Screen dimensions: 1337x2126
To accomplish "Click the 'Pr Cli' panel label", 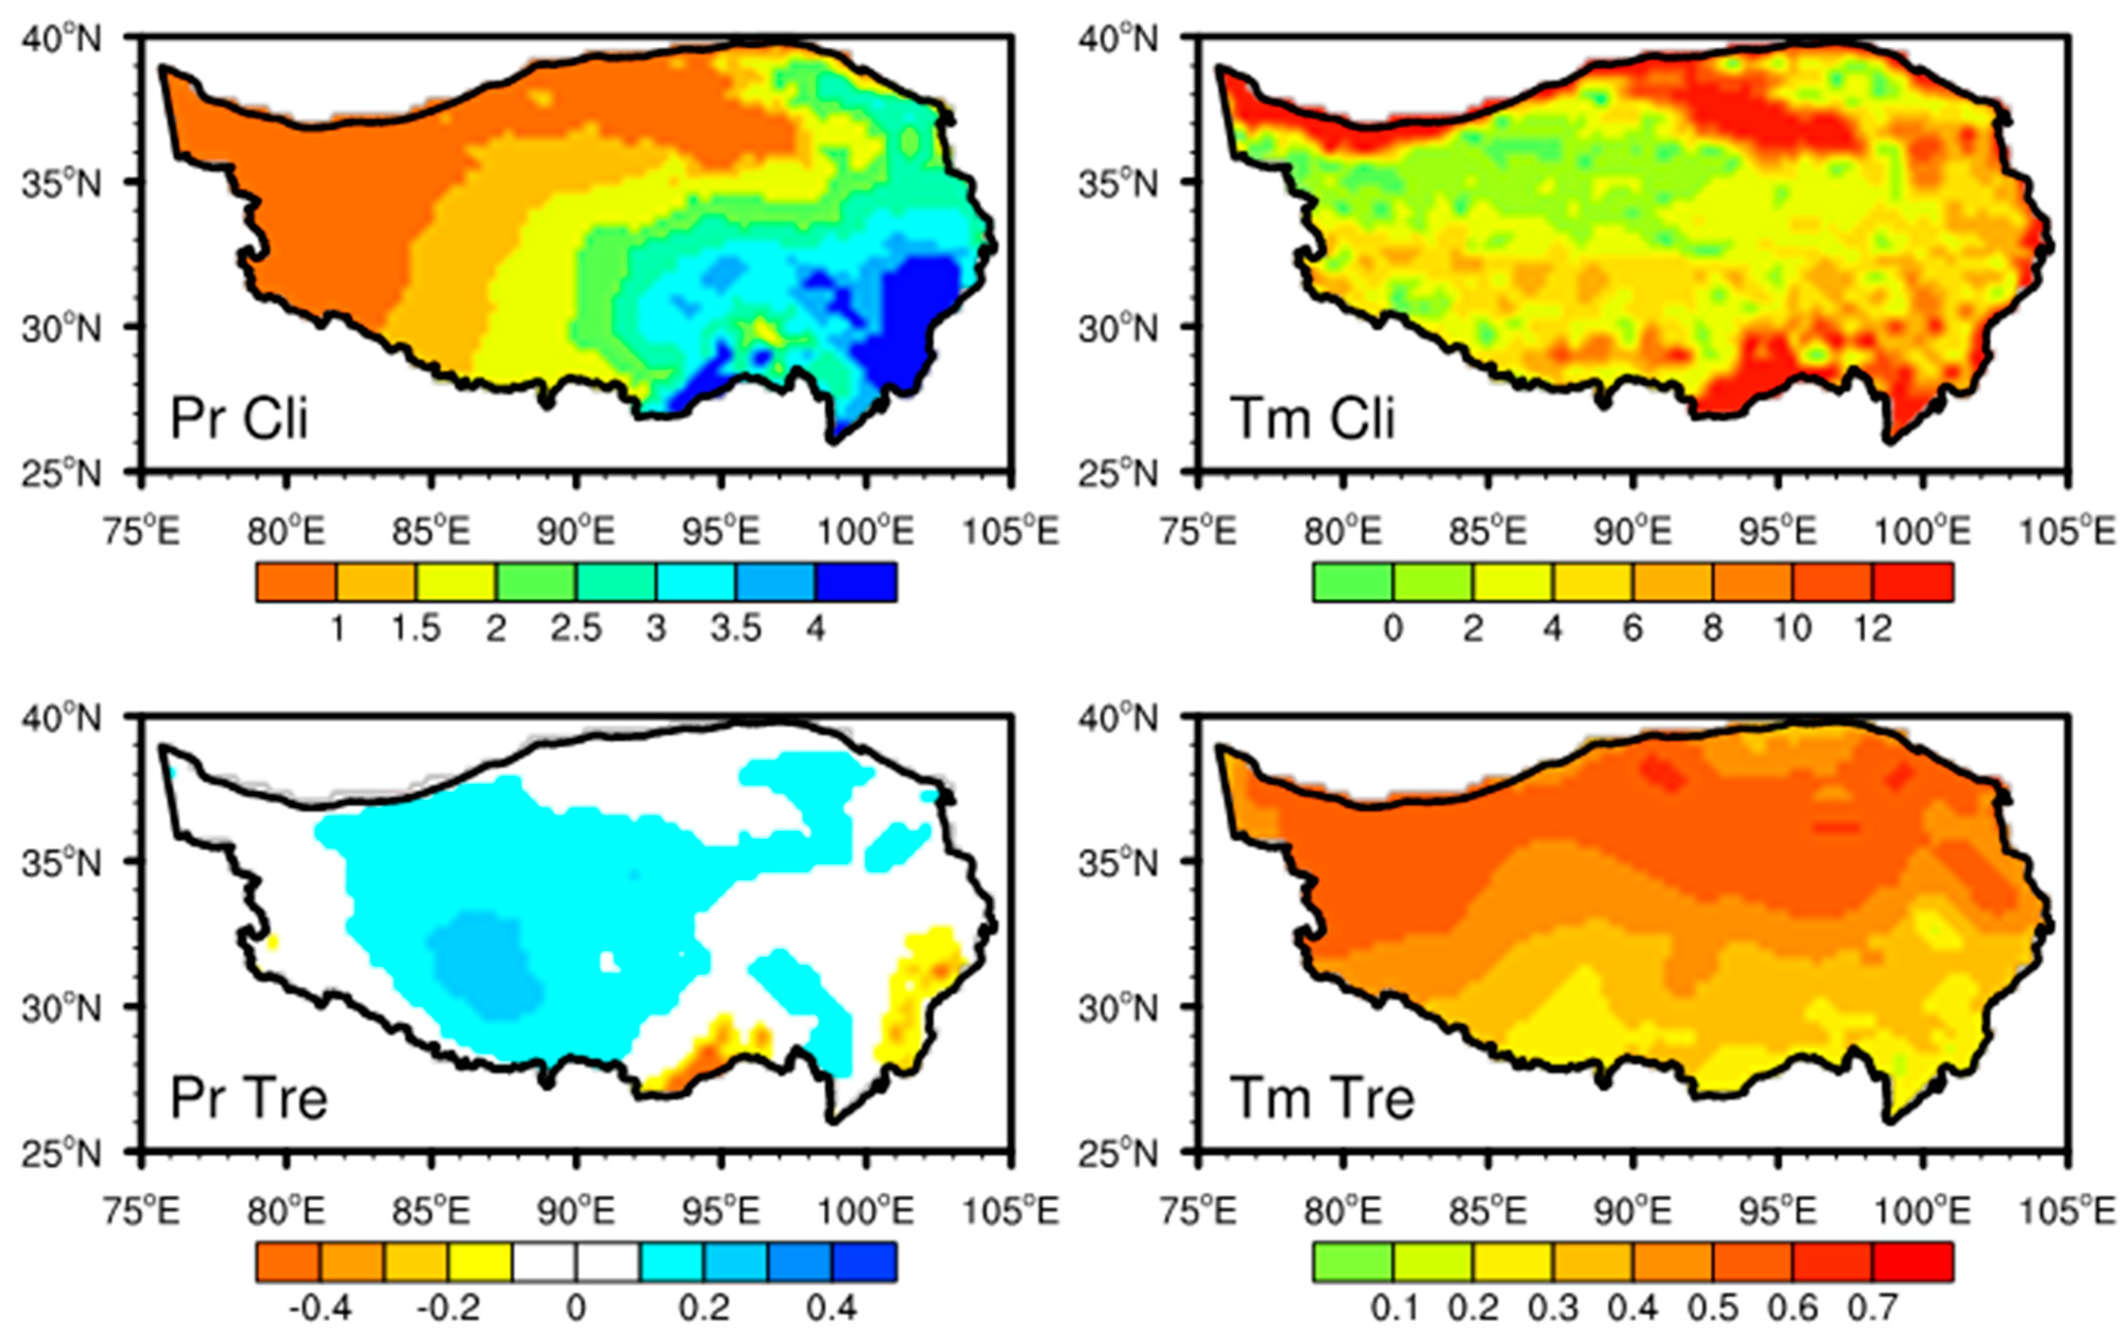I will pos(238,418).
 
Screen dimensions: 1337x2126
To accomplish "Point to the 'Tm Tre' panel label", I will pos(1322,1099).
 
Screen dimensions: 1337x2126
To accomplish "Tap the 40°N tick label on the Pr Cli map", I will pos(62,39).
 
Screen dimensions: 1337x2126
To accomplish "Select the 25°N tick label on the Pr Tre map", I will pos(62,1153).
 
